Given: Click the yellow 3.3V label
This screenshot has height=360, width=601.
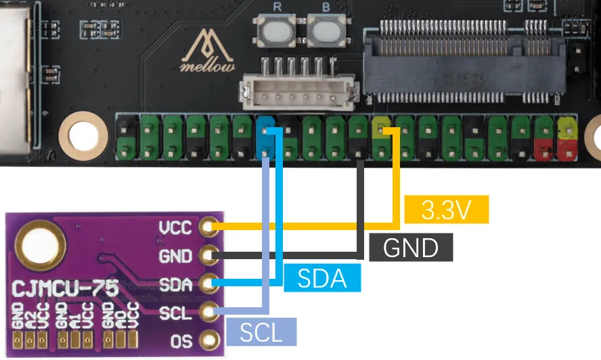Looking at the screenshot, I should click(x=445, y=210).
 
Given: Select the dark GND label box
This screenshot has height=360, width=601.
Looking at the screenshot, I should click(x=411, y=248).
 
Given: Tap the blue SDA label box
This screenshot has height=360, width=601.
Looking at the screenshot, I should click(x=322, y=278).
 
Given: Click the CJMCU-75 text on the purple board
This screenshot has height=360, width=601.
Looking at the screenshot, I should click(x=65, y=289).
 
